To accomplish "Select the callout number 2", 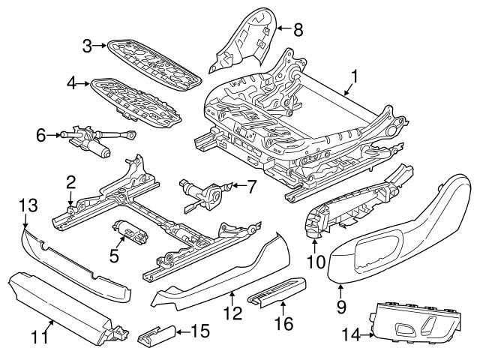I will tap(70, 181).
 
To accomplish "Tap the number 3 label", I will tap(88, 46).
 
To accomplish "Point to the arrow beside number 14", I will tap(375, 334).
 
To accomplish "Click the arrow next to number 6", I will tap(57, 136).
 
